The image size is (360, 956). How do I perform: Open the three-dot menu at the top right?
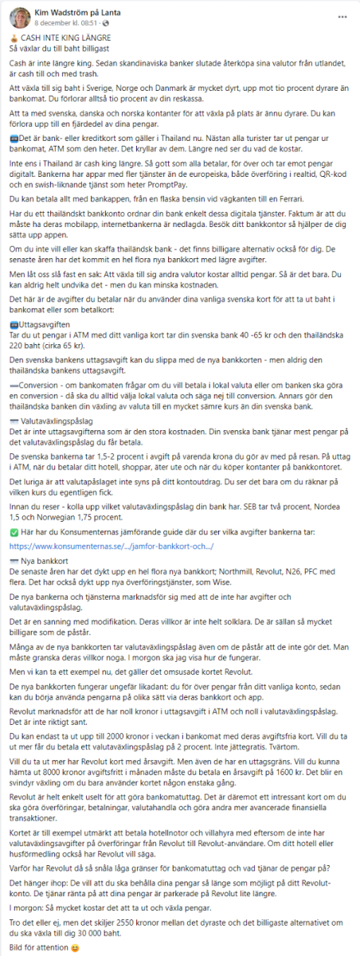tap(342, 15)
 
